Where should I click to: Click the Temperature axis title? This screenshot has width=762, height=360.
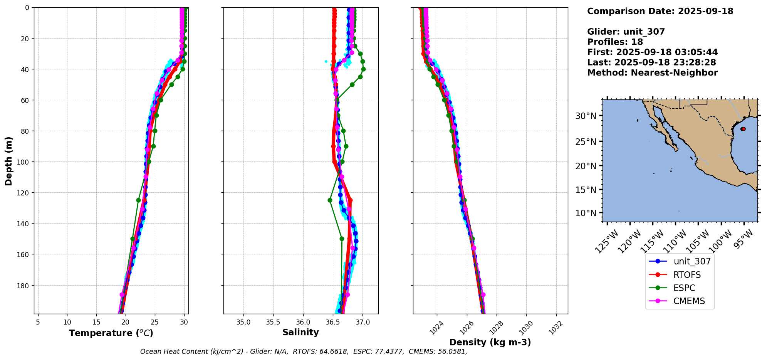pyautogui.click(x=111, y=333)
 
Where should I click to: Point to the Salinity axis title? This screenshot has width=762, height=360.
pyautogui.click(x=300, y=332)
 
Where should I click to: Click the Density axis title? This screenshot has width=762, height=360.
pyautogui.click(x=490, y=342)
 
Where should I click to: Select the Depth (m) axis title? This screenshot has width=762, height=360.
pyautogui.click(x=8, y=161)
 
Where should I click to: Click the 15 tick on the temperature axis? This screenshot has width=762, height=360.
pyautogui.click(x=96, y=322)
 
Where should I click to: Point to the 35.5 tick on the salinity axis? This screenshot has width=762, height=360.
pyautogui.click(x=273, y=322)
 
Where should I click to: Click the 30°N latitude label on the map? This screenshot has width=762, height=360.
pyautogui.click(x=586, y=116)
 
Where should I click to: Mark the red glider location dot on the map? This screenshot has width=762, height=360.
pyautogui.click(x=743, y=129)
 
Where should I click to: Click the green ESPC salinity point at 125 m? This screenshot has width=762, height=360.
pyautogui.click(x=330, y=200)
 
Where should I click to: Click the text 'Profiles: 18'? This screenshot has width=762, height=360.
pyautogui.click(x=615, y=42)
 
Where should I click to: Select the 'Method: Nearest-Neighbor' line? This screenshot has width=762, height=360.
pyautogui.click(x=652, y=73)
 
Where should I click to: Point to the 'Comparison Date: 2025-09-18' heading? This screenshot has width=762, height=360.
pyautogui.click(x=660, y=11)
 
